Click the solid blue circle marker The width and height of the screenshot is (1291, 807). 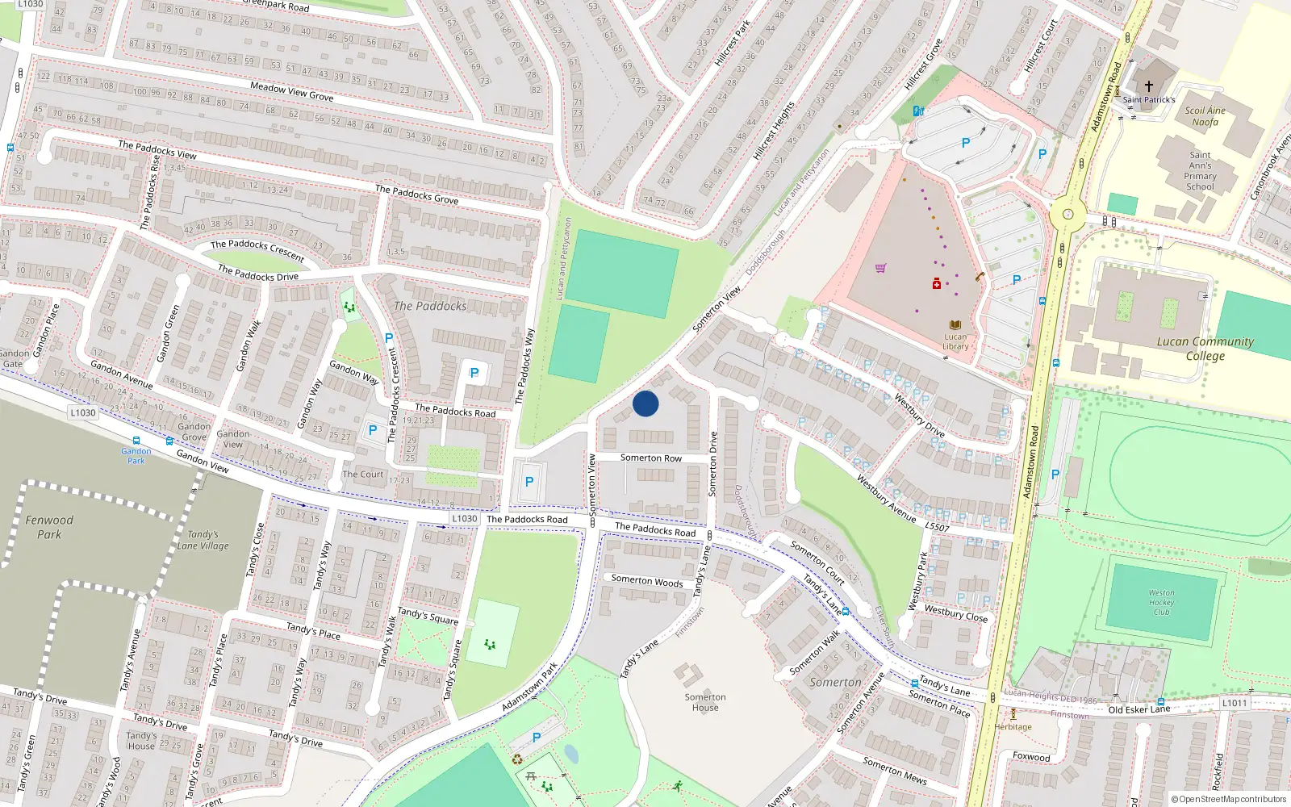pyautogui.click(x=645, y=403)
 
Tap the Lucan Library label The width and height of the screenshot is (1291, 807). pyautogui.click(x=955, y=341)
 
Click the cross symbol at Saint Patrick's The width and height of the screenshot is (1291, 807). pyautogui.click(x=1148, y=85)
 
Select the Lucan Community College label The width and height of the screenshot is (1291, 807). pyautogui.click(x=1205, y=349)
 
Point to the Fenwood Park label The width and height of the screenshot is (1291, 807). pyautogui.click(x=49, y=527)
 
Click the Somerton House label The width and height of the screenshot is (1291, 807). pyautogui.click(x=704, y=702)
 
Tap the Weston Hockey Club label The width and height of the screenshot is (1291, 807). pyautogui.click(x=1161, y=602)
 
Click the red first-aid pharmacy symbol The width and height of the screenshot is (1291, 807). pyautogui.click(x=936, y=283)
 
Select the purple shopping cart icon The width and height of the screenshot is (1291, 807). pyautogui.click(x=880, y=268)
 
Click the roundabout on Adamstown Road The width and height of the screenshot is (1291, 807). pyautogui.click(x=1067, y=215)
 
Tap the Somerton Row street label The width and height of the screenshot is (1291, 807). pyautogui.click(x=650, y=458)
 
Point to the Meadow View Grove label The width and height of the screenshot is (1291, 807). pyautogui.click(x=292, y=91)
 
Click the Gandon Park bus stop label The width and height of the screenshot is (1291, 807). pyautogui.click(x=136, y=456)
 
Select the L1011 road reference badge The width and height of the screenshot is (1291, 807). pyautogui.click(x=1234, y=703)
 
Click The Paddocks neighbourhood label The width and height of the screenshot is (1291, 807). pyautogui.click(x=430, y=306)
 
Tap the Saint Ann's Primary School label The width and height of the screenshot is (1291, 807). pyautogui.click(x=1200, y=170)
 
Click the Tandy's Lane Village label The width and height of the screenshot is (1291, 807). pyautogui.click(x=203, y=540)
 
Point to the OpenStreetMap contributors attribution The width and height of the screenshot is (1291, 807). pyautogui.click(x=1228, y=799)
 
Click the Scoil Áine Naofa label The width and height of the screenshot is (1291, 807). pyautogui.click(x=1205, y=116)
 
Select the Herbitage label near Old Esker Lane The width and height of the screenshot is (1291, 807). pyautogui.click(x=1013, y=726)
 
